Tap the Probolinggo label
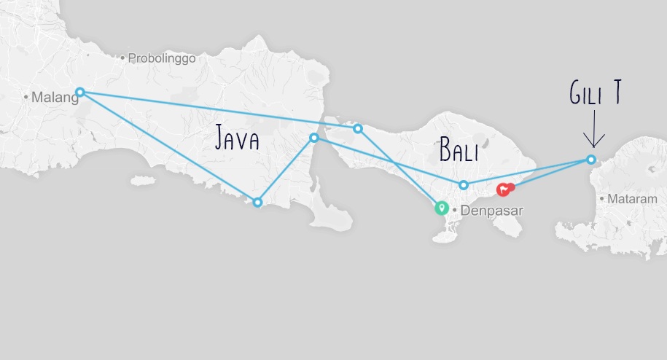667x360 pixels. (x=162, y=58)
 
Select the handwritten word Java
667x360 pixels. (x=237, y=138)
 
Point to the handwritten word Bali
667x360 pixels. (x=459, y=151)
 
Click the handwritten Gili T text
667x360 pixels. (x=595, y=94)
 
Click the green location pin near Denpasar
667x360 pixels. (x=441, y=208)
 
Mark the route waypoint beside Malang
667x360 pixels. (x=80, y=92)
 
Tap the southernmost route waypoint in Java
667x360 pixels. (x=257, y=203)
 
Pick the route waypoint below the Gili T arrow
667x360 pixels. (x=591, y=160)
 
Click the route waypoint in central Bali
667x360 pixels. (x=464, y=185)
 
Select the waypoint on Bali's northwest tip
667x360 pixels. (x=358, y=128)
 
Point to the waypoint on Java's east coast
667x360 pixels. (x=314, y=138)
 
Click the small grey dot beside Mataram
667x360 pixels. (x=601, y=197)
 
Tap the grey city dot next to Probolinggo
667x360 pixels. (x=124, y=58)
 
